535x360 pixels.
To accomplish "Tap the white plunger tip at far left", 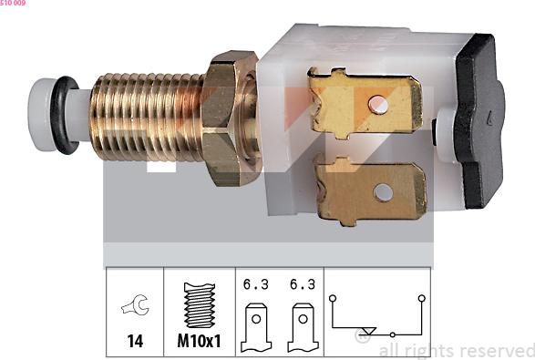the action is [x=40, y=115].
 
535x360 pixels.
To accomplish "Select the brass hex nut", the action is [x=231, y=118].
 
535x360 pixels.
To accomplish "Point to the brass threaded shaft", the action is [x=147, y=117].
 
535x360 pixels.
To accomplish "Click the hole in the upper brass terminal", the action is [x=378, y=105].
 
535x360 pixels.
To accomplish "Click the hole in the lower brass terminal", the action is [x=383, y=192].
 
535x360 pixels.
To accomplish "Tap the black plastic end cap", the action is [x=478, y=121].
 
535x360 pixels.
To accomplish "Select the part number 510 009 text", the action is [x=13, y=3].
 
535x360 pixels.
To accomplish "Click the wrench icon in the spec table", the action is [x=136, y=304].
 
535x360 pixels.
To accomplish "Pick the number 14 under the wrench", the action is [x=135, y=341].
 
